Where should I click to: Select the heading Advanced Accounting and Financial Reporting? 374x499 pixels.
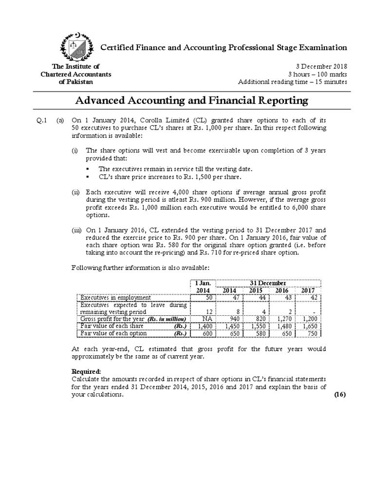(x=191, y=100)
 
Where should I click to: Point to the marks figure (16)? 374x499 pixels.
(x=339, y=395)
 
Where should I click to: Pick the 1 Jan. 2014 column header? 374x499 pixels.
(x=202, y=287)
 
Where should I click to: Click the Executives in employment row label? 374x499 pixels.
(x=116, y=297)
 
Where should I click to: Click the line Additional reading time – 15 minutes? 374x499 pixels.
(x=292, y=81)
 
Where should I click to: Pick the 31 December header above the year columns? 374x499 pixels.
(x=268, y=283)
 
